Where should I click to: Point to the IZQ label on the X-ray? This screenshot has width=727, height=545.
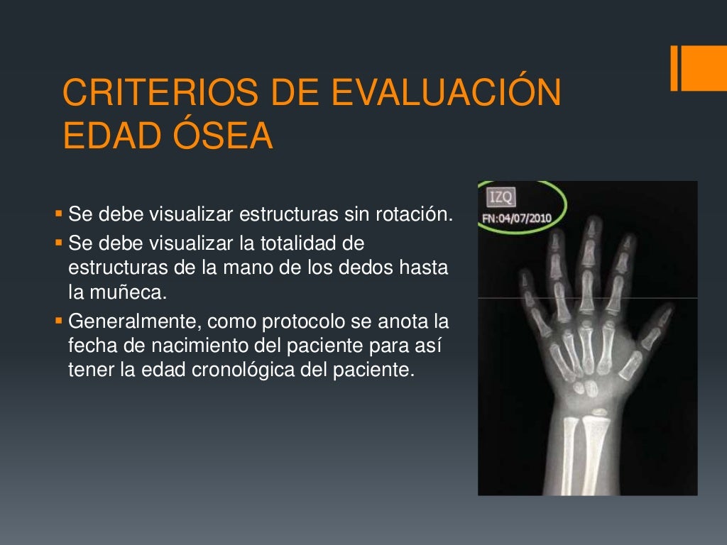500,197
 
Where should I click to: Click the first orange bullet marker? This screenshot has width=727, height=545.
58,213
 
